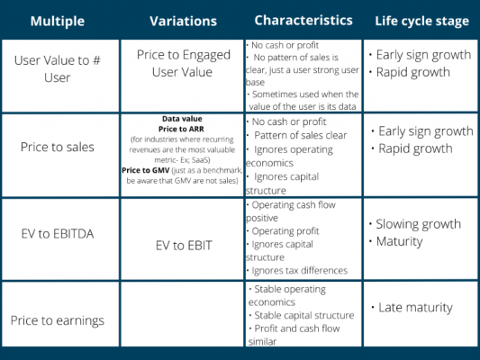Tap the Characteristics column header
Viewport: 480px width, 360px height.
[x=303, y=20]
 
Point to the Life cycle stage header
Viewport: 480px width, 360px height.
[x=421, y=20]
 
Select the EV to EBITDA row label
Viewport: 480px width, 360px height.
[x=59, y=235]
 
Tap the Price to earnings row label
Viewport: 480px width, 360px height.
[x=59, y=319]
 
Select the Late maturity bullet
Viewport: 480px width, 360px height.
[x=415, y=308]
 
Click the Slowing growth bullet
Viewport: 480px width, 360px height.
[x=419, y=223]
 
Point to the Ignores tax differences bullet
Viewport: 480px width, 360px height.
[x=300, y=270]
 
